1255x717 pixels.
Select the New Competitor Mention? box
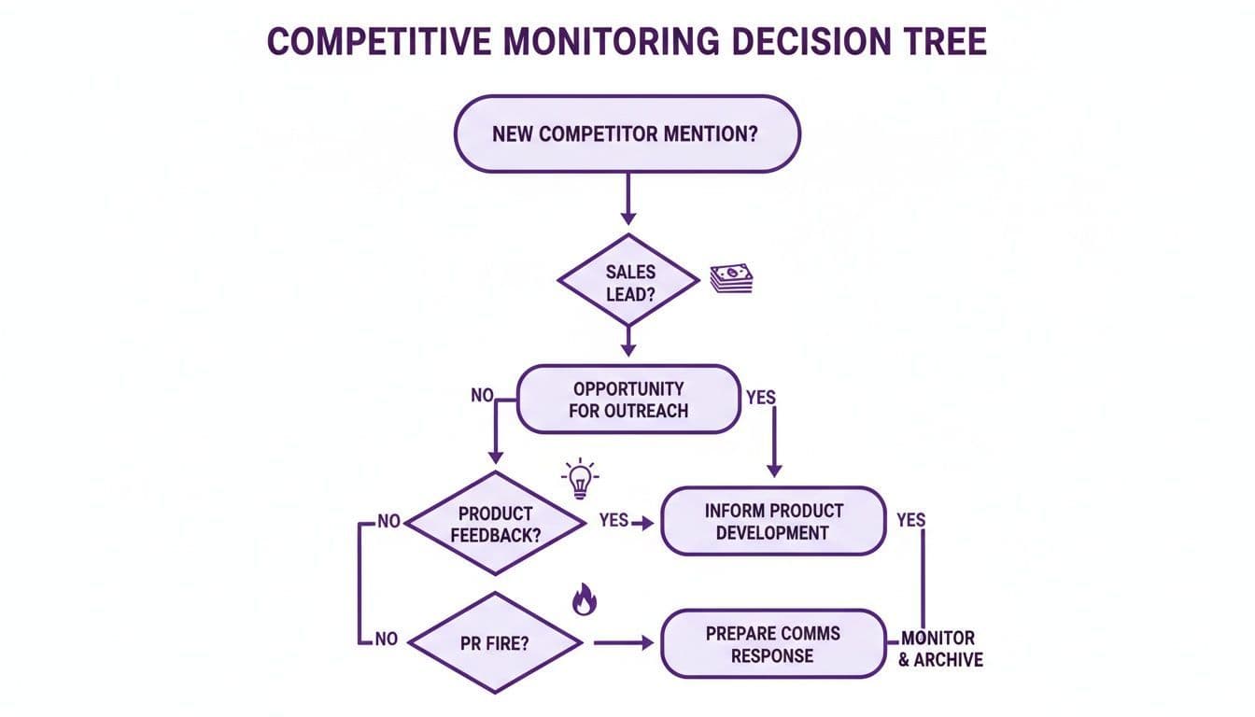[x=627, y=134]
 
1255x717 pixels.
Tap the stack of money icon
[x=731, y=278]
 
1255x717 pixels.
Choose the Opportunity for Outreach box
[x=628, y=399]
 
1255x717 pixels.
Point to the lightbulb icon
[x=580, y=479]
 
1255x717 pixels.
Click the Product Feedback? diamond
[x=495, y=525]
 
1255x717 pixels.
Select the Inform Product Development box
[x=773, y=522]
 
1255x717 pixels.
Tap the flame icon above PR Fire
[x=584, y=600]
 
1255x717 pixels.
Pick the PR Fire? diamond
[x=495, y=643]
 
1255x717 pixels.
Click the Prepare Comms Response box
[x=773, y=644]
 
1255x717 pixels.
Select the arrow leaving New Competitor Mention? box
[x=627, y=198]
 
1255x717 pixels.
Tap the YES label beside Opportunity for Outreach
[x=761, y=397]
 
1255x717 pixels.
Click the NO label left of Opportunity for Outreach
[x=482, y=395]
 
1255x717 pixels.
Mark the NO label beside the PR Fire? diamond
[x=385, y=640]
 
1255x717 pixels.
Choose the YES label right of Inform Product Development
[x=910, y=521]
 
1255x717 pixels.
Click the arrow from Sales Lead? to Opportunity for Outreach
[x=627, y=341]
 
